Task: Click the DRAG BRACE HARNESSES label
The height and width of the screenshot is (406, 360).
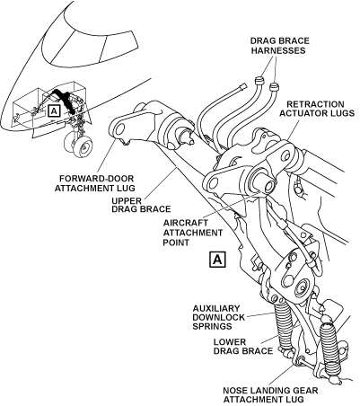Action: click(280, 45)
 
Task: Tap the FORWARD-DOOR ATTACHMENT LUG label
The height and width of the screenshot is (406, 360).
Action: click(96, 183)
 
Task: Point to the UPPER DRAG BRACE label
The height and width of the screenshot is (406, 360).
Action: click(141, 205)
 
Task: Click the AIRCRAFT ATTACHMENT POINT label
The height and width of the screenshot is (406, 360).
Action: click(193, 233)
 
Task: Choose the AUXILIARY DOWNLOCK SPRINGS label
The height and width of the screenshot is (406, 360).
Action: click(218, 317)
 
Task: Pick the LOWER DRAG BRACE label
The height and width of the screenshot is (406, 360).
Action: click(243, 346)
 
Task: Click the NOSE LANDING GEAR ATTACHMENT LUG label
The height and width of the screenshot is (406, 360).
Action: click(270, 394)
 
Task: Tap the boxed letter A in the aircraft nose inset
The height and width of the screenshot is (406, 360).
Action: click(54, 111)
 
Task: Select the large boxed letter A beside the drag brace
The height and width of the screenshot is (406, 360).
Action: click(217, 260)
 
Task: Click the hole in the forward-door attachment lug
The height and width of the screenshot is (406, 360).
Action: click(119, 129)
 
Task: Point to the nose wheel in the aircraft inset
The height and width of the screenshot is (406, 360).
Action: click(82, 146)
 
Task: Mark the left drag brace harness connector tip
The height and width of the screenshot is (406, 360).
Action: click(259, 81)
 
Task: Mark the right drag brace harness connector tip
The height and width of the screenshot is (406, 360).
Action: click(274, 86)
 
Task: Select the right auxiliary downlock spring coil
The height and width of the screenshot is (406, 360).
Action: click(329, 349)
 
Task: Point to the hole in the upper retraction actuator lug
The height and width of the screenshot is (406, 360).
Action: click(285, 155)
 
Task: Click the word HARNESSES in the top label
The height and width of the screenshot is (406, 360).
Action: click(278, 50)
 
